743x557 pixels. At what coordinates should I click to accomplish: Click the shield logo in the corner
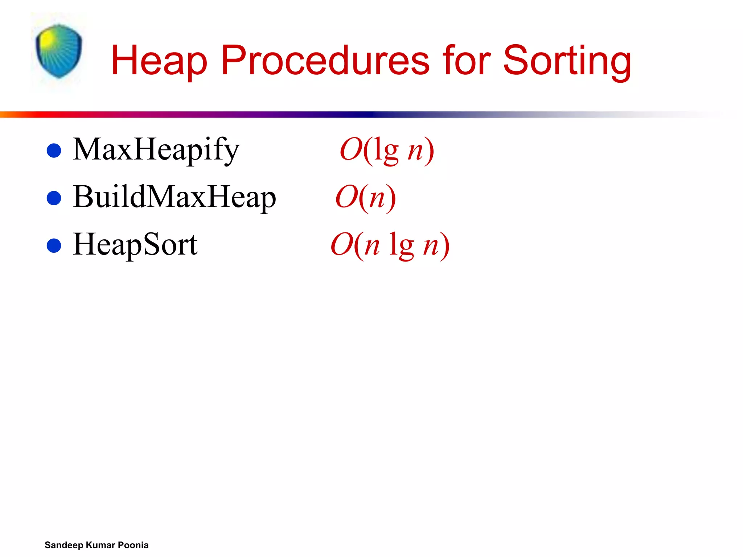59,51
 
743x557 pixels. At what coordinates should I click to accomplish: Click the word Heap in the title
159,61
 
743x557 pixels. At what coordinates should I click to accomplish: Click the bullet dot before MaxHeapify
54,150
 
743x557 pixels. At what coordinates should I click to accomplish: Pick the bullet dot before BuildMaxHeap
54,198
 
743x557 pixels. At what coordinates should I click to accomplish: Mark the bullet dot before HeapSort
54,246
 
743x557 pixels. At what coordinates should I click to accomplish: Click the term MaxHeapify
156,150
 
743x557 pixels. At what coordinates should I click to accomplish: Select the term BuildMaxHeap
175,197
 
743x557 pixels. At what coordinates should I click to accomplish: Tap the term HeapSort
135,245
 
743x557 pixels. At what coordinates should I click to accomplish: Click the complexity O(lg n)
387,150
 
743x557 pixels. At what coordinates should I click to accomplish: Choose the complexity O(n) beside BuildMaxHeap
365,197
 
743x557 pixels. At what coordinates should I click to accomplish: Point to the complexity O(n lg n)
390,245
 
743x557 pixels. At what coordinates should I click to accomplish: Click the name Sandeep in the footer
64,545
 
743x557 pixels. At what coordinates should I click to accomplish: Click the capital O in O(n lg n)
341,245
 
